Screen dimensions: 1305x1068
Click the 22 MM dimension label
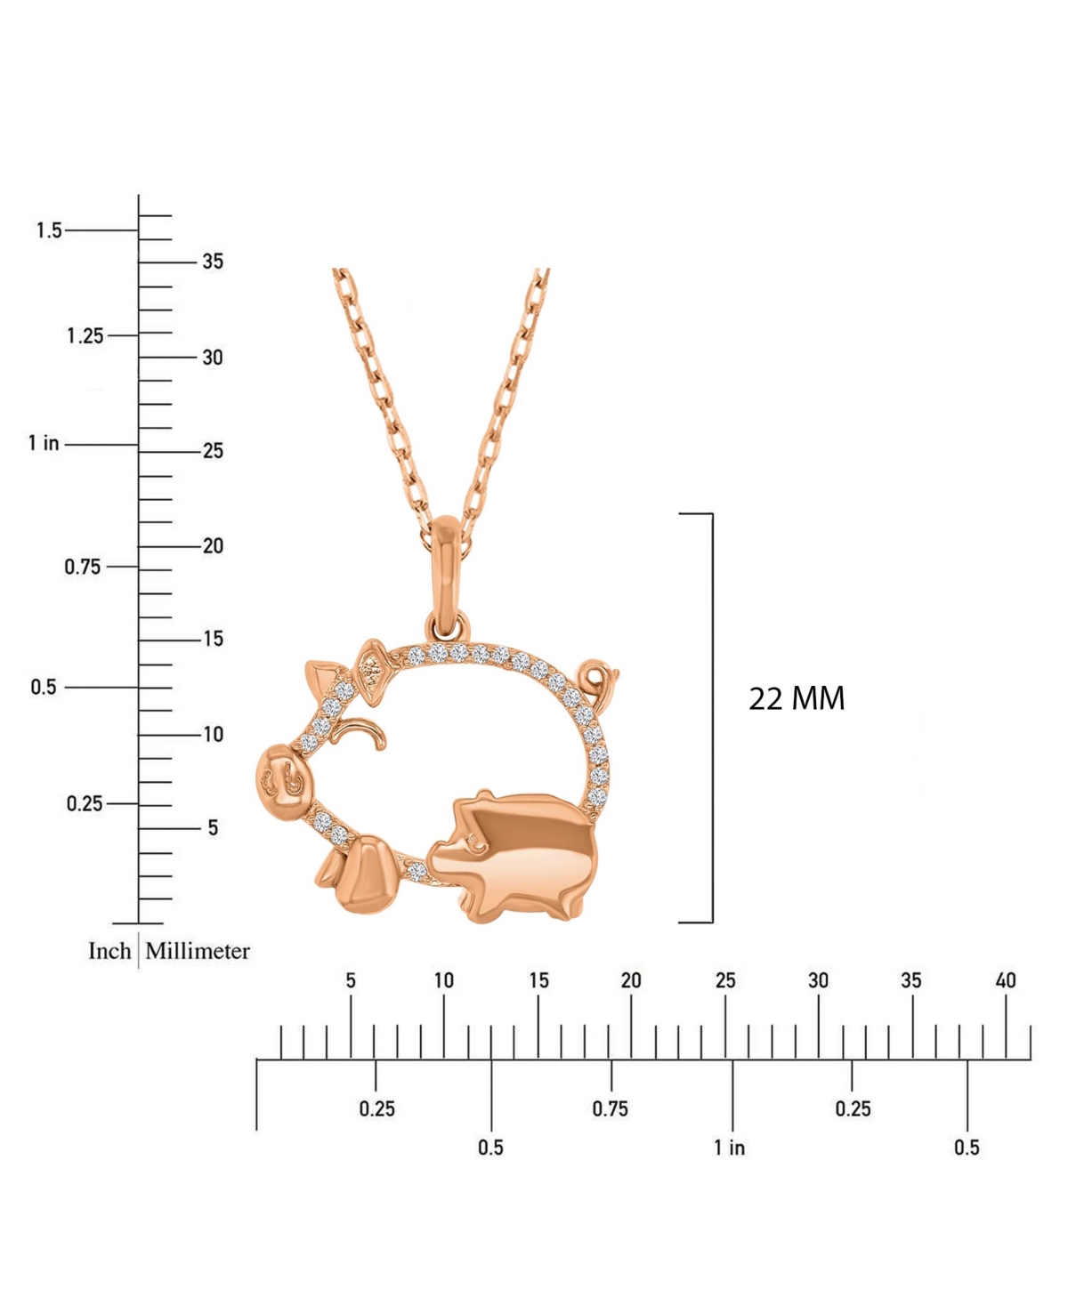pyautogui.click(x=797, y=698)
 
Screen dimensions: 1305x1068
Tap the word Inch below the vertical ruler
pyautogui.click(x=109, y=951)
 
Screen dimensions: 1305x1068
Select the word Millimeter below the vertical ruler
pyautogui.click(x=198, y=951)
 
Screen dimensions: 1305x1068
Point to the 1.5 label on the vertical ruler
pyautogui.click(x=49, y=230)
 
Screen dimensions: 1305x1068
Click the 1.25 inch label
pyautogui.click(x=85, y=336)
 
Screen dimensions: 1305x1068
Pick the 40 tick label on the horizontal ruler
pyautogui.click(x=1005, y=980)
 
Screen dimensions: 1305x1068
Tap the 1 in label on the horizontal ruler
pyautogui.click(x=730, y=1148)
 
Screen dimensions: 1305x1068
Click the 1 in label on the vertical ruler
pyautogui.click(x=44, y=443)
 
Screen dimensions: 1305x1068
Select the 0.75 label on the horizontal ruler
pyautogui.click(x=610, y=1108)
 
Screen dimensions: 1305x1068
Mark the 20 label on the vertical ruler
pyautogui.click(x=213, y=546)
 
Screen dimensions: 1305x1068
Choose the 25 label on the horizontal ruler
pyautogui.click(x=725, y=980)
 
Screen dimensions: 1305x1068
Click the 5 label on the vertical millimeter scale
pyautogui.click(x=213, y=828)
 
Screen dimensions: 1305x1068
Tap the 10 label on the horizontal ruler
pyautogui.click(x=443, y=980)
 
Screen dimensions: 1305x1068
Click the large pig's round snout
pyautogui.click(x=283, y=777)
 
